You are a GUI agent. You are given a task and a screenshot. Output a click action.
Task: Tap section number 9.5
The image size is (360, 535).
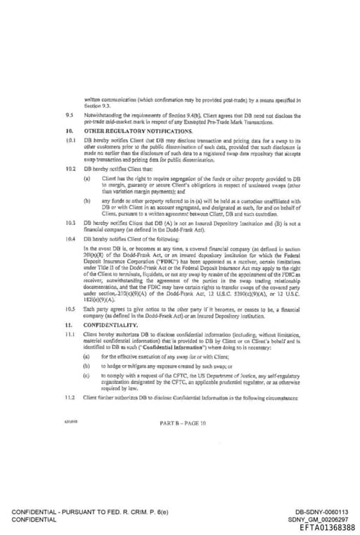pyautogui.click(x=69, y=112)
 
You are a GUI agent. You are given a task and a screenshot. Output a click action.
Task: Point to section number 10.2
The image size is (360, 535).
pyautogui.click(x=70, y=169)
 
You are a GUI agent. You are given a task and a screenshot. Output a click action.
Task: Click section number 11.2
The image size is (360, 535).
pyautogui.click(x=70, y=397)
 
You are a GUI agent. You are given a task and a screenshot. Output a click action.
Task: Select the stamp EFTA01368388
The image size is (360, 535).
pyautogui.click(x=327, y=527)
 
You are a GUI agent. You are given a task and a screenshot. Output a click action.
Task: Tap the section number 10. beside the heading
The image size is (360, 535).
pyautogui.click(x=69, y=131)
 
